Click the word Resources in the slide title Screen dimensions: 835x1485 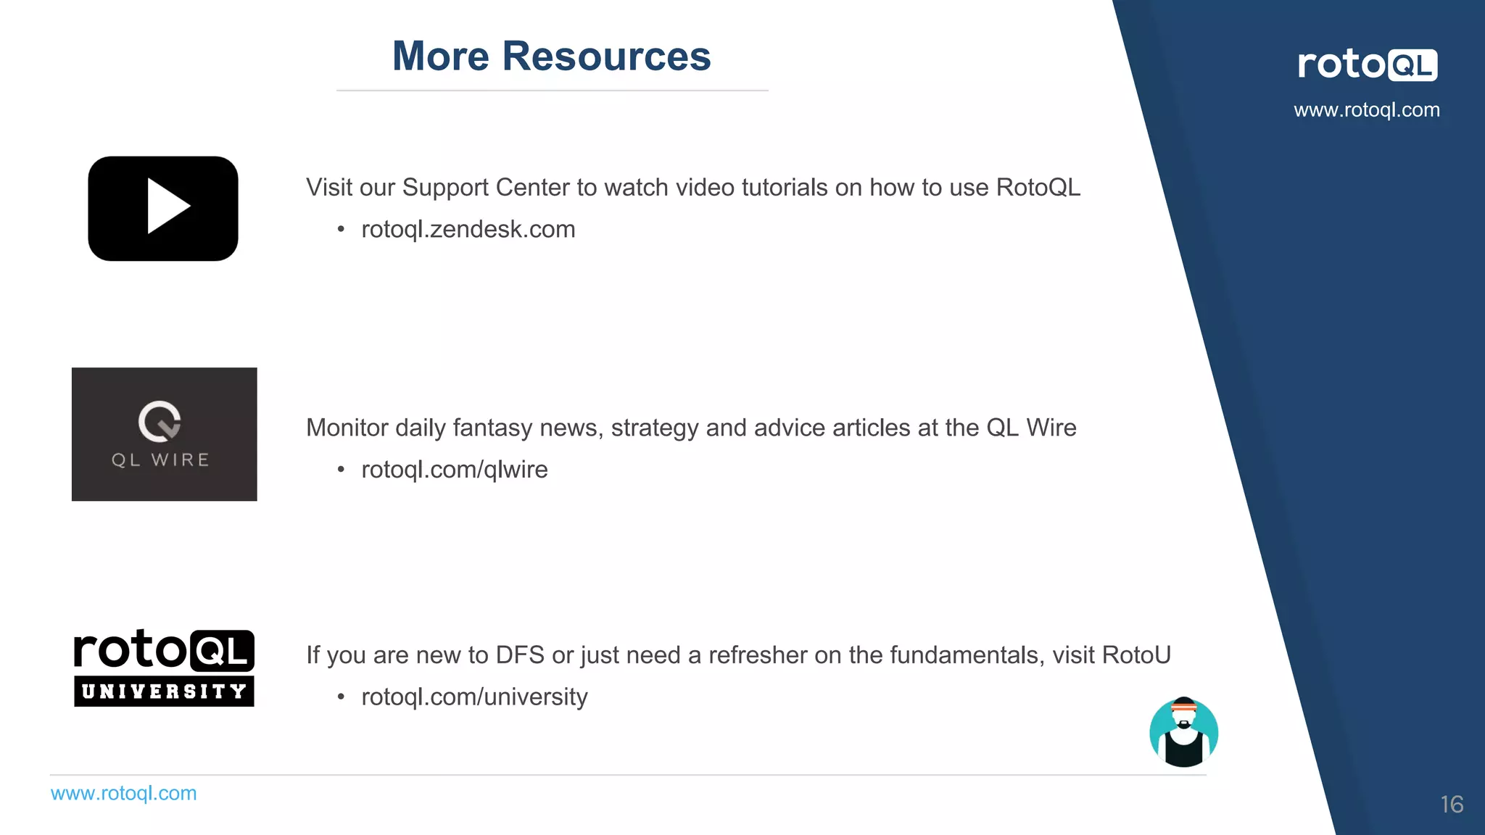606,57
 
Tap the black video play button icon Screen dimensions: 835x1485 163,208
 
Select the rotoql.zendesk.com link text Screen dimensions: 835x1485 468,230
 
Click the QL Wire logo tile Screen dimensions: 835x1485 164,433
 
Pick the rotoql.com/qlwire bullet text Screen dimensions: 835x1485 454,470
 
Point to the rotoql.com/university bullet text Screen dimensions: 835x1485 474,697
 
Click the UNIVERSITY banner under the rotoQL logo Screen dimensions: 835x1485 164,691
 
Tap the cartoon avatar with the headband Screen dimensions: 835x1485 1183,732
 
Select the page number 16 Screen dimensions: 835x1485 1452,805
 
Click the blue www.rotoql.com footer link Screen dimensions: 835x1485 123,794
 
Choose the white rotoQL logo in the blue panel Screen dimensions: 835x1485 1367,65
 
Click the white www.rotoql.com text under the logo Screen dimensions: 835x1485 1367,110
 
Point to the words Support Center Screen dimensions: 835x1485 486,188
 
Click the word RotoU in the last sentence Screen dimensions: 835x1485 1136,655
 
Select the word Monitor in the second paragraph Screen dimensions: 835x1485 347,428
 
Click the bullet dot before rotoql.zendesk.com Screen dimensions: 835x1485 341,230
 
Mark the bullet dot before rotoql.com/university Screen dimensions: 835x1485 341,698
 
